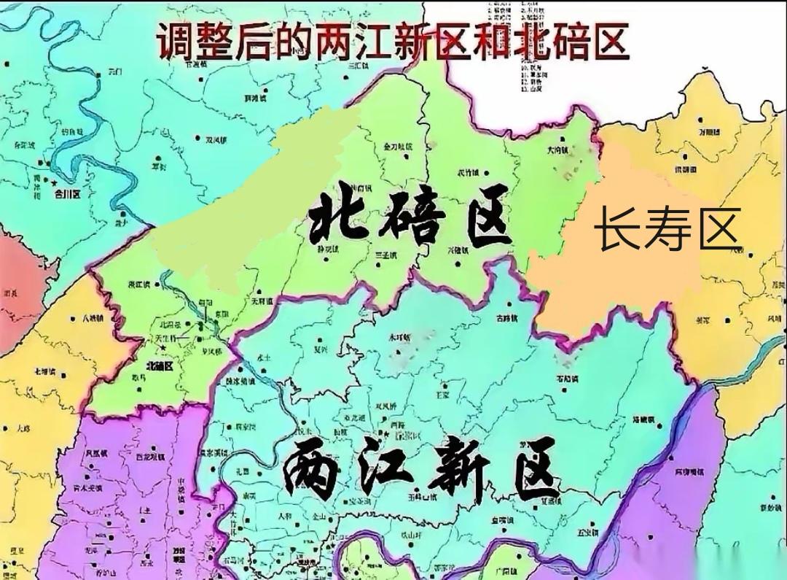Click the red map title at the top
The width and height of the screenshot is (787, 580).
pyautogui.click(x=392, y=41)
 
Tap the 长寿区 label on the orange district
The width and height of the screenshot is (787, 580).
pyautogui.click(x=667, y=228)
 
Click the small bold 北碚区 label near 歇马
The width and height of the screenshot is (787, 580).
pyautogui.click(x=159, y=366)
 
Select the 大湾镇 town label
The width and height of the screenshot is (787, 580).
pyautogui.click(x=557, y=150)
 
